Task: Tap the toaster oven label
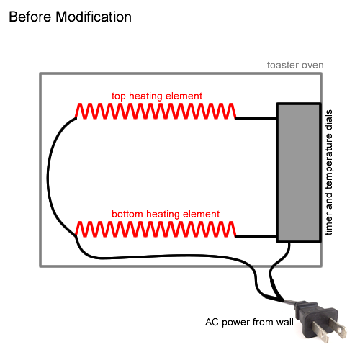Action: (294, 65)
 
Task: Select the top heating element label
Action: (156, 96)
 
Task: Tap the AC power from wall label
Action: (249, 322)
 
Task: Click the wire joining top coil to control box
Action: (256, 117)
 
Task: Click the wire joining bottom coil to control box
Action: (256, 235)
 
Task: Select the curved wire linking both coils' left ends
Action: (48, 173)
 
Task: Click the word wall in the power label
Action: (284, 322)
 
